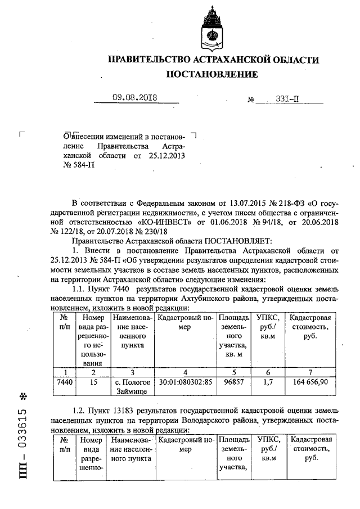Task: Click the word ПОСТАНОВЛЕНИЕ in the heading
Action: coord(212,74)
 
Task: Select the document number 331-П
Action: coord(291,98)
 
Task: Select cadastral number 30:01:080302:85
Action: coord(185,381)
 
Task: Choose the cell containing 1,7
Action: coord(268,381)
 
